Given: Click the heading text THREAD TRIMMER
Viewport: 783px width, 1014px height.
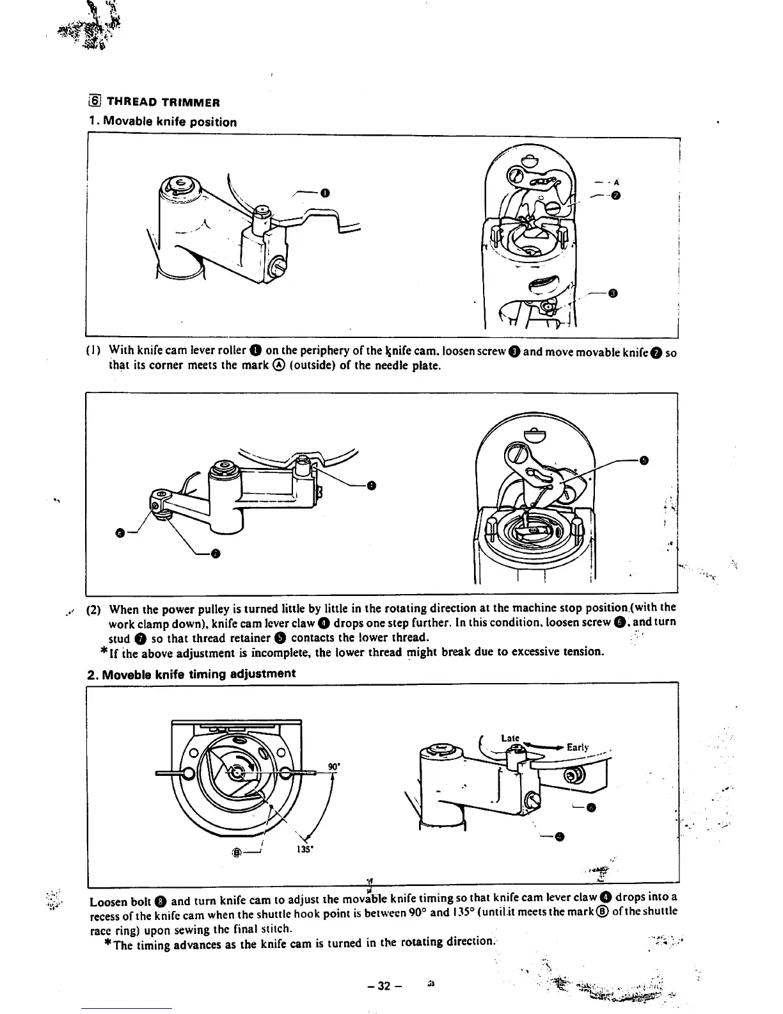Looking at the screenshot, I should click(x=163, y=102).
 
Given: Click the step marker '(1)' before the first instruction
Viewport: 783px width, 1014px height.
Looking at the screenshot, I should click(x=93, y=350).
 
